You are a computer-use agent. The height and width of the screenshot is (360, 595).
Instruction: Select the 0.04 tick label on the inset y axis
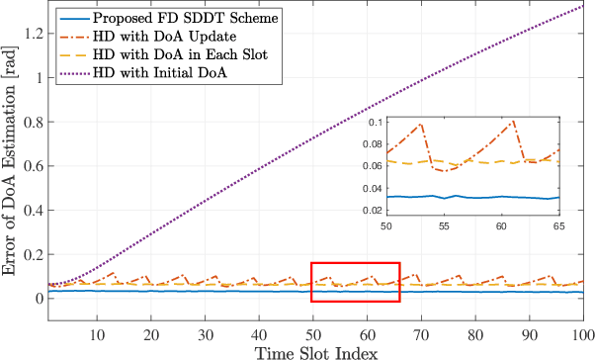372,189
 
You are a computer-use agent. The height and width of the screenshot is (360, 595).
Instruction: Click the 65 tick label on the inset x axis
558,226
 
